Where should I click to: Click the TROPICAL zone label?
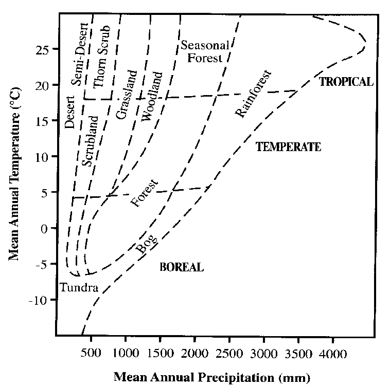pyautogui.click(x=346, y=82)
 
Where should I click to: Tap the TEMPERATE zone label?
pyautogui.click(x=288, y=147)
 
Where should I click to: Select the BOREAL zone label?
pyautogui.click(x=182, y=267)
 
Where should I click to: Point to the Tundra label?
pyautogui.click(x=79, y=287)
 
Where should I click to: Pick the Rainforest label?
pyautogui.click(x=252, y=95)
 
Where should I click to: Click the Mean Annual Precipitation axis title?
pyautogui.click(x=212, y=377)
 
